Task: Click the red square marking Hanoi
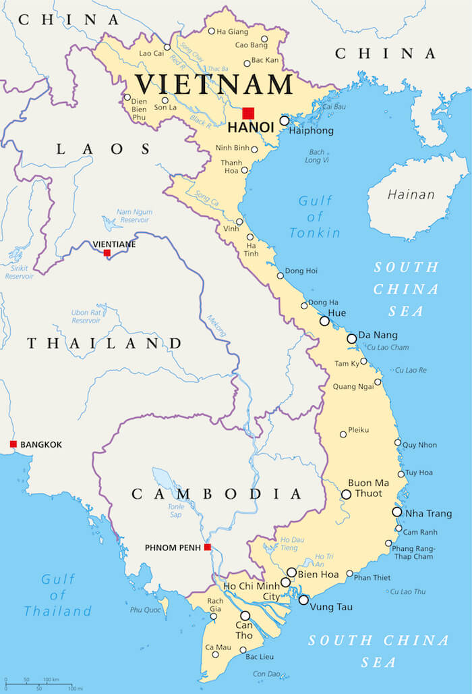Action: tap(248, 113)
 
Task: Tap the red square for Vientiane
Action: tap(107, 253)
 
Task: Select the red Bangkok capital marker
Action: tap(13, 444)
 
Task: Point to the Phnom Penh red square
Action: tap(208, 547)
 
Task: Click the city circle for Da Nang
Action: tap(351, 338)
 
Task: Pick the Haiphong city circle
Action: tap(285, 121)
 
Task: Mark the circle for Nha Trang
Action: tap(397, 512)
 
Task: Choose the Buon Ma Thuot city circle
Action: tap(346, 494)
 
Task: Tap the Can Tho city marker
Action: tap(245, 616)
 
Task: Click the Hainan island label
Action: tap(411, 194)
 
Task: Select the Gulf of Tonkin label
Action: tap(315, 217)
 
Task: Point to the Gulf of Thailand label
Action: tap(57, 595)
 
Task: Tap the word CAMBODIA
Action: tap(216, 494)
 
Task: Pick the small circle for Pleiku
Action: tap(343, 434)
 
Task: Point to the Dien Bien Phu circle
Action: tap(127, 97)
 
